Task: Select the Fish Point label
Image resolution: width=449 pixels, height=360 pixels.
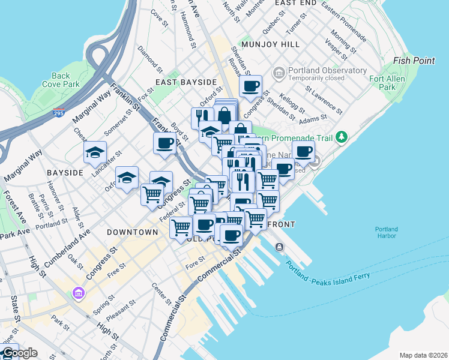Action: point(414,61)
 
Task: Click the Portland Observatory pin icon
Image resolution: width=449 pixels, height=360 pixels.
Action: point(279,74)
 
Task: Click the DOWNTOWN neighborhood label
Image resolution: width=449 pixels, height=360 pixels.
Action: point(132,232)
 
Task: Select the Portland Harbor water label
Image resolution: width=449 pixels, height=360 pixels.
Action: point(387,232)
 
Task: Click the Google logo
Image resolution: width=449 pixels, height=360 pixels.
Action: point(19,353)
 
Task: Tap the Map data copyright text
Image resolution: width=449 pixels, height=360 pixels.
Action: point(423,355)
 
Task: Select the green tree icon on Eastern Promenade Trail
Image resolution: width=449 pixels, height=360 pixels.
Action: point(342,137)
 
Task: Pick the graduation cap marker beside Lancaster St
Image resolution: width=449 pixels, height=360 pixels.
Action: point(95,152)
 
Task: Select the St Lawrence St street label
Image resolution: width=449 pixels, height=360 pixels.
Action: point(324,101)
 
